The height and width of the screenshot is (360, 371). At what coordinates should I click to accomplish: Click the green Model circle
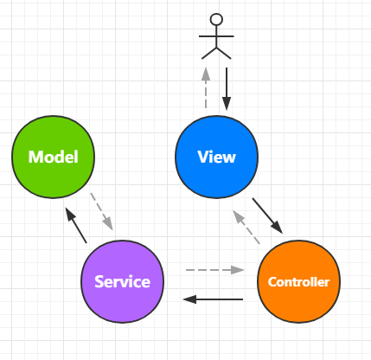click(x=53, y=157)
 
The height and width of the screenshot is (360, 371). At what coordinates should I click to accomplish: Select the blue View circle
click(x=216, y=157)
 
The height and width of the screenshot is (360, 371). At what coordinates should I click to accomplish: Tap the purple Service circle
click(x=122, y=281)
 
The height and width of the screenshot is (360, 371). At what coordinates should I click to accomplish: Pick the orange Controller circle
click(x=298, y=281)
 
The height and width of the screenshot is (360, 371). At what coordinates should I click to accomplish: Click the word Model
click(x=54, y=157)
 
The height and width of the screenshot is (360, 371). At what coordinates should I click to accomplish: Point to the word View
click(x=216, y=157)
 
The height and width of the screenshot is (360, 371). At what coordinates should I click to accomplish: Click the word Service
click(x=122, y=281)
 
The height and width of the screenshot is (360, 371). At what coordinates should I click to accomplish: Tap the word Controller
click(x=298, y=282)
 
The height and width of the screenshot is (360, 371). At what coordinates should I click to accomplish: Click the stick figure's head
click(x=216, y=19)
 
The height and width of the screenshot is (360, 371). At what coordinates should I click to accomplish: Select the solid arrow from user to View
click(x=227, y=89)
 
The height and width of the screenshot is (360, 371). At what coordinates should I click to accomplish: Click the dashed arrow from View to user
click(x=206, y=87)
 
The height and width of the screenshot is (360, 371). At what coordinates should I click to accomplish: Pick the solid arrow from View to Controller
click(x=267, y=215)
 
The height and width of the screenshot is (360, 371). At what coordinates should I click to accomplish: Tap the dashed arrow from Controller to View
click(x=246, y=227)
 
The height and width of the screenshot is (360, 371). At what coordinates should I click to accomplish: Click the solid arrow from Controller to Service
click(x=213, y=299)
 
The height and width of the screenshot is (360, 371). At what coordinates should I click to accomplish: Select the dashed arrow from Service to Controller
click(x=215, y=270)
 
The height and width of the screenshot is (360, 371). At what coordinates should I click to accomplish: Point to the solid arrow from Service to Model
click(x=76, y=225)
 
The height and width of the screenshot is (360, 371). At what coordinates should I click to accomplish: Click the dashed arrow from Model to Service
click(x=101, y=211)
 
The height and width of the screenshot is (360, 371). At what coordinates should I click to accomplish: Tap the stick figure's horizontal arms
click(x=216, y=36)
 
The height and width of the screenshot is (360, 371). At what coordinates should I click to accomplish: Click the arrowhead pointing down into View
click(x=227, y=104)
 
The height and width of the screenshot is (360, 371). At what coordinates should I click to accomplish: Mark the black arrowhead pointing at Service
click(x=189, y=299)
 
